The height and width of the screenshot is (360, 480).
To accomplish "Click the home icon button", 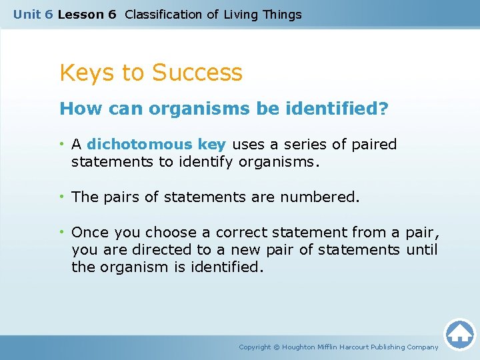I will [459, 334].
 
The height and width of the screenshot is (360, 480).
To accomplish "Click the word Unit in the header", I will [27, 15].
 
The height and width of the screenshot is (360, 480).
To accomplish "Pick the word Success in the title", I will [198, 72].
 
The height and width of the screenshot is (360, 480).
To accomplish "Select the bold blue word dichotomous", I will [140, 145].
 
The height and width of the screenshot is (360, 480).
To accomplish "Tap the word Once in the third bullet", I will [90, 233].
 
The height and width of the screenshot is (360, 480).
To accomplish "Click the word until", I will [419, 250].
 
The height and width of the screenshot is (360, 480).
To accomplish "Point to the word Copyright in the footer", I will [255, 347].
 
